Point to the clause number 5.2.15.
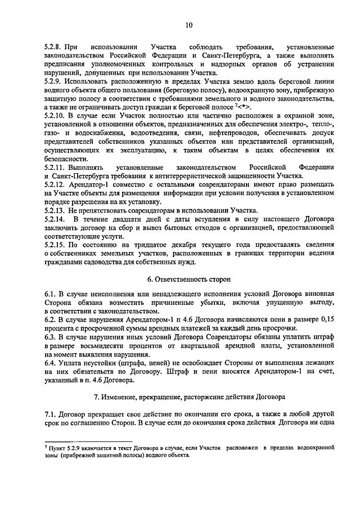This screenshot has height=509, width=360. [x=56, y=245]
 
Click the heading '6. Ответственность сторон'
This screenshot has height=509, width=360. [x=188, y=279]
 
